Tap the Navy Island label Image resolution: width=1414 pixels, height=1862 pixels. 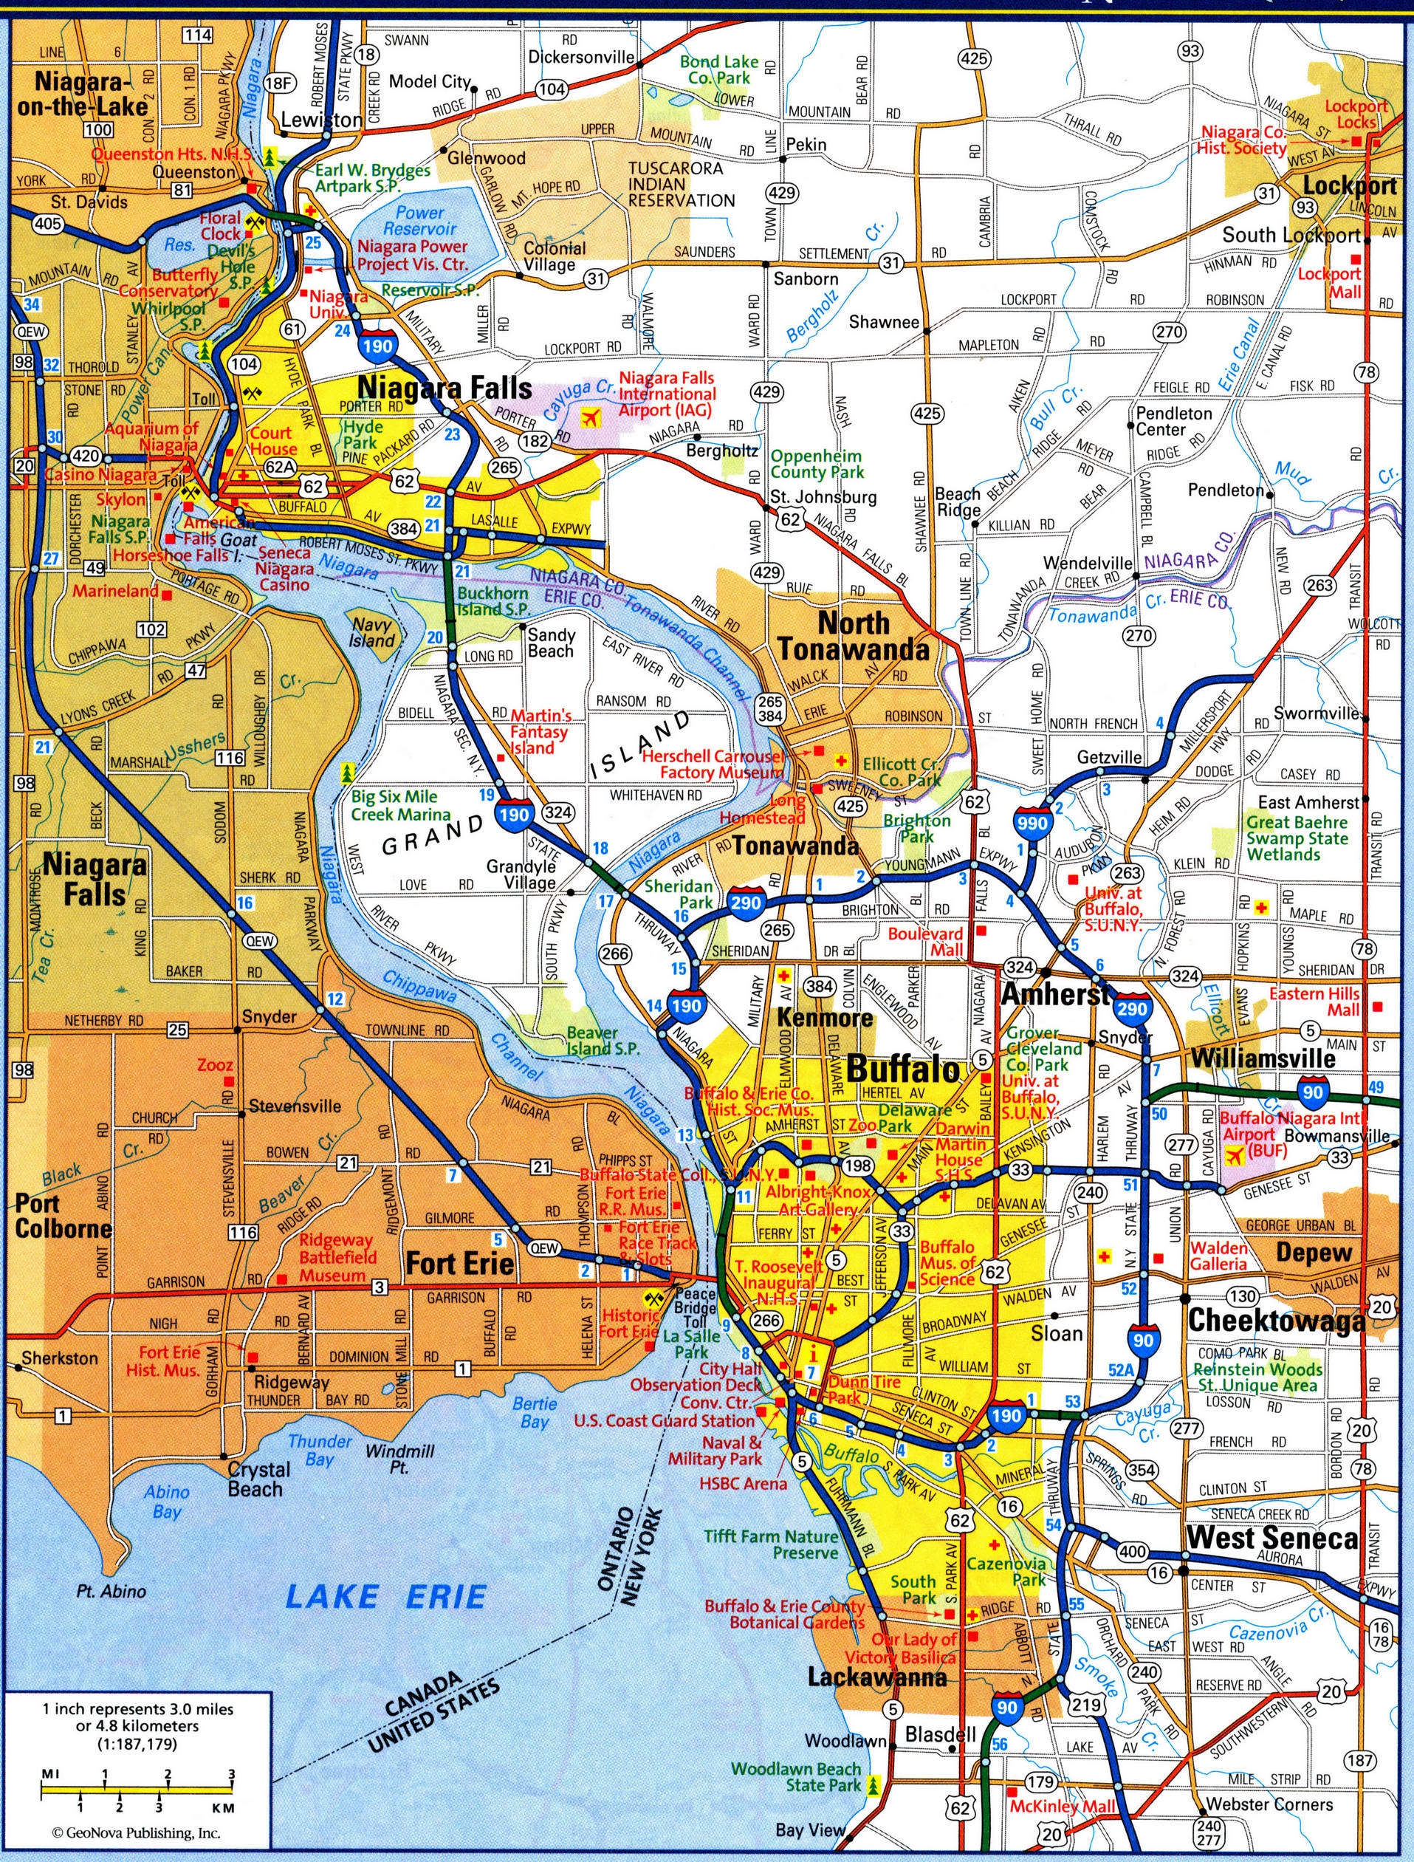tap(372, 632)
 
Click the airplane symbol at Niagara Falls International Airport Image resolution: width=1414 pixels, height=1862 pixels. tap(591, 416)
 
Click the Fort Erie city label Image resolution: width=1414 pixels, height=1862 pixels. tap(459, 1263)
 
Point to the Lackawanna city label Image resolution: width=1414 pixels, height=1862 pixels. tap(877, 1677)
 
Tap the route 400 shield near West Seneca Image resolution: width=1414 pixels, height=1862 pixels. tap(1133, 1551)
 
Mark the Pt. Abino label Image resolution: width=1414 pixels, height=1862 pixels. tap(110, 1591)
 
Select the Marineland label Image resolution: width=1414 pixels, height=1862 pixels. tap(115, 591)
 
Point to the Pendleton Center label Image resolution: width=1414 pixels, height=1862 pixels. tap(1173, 421)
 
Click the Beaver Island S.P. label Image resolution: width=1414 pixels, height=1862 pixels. tap(603, 1041)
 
